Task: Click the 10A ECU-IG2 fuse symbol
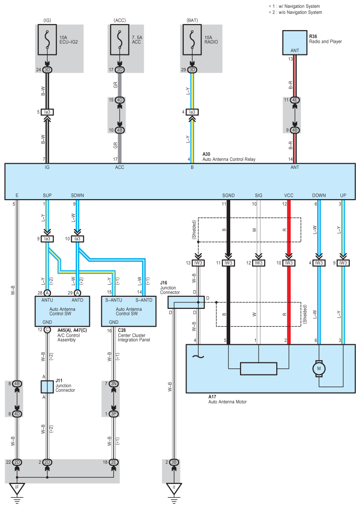pyautogui.click(x=47, y=40)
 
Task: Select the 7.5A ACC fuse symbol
pyautogui.click(x=120, y=40)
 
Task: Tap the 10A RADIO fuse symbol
pyautogui.click(x=192, y=40)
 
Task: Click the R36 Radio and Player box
pyautogui.click(x=294, y=43)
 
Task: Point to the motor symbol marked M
pyautogui.click(x=319, y=368)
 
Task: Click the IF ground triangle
pyautogui.click(x=17, y=488)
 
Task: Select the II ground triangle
pyautogui.click(x=174, y=488)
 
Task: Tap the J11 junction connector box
pyautogui.click(x=47, y=387)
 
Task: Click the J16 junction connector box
pyautogui.click(x=186, y=302)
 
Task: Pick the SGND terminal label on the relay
pyautogui.click(x=228, y=195)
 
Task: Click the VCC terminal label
pyautogui.click(x=289, y=195)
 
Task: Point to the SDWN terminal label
pyautogui.click(x=78, y=195)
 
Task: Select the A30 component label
pyautogui.click(x=207, y=154)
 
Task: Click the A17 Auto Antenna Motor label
pyautogui.click(x=227, y=399)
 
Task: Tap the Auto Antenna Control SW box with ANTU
pyautogui.click(x=62, y=311)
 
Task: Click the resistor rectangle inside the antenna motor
pyautogui.click(x=259, y=369)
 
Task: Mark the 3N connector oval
pyautogui.click(x=114, y=384)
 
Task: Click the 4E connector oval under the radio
pyautogui.click(x=294, y=100)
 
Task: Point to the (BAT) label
pyautogui.click(x=192, y=20)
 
